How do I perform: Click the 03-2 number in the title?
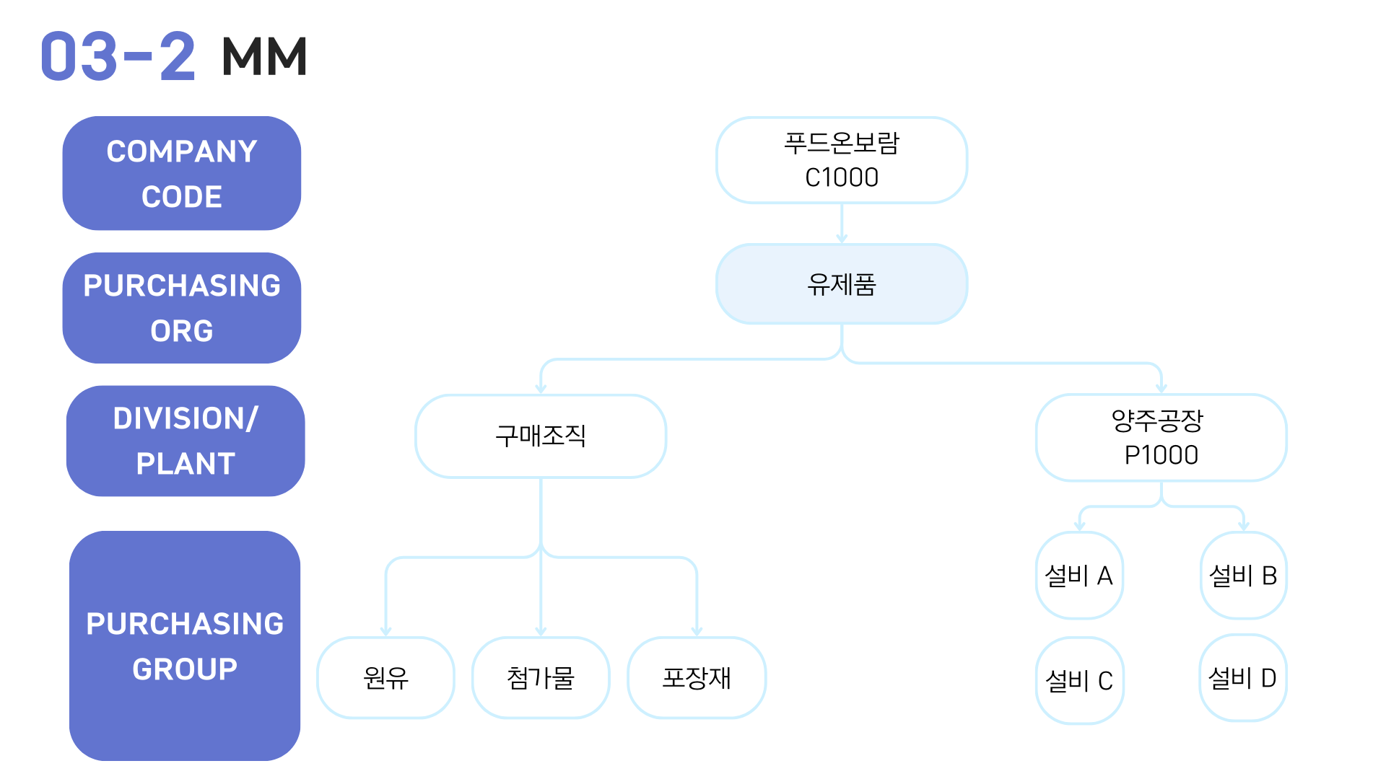(118, 56)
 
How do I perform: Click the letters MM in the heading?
(265, 56)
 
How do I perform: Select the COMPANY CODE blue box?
(182, 173)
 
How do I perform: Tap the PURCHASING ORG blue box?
(182, 308)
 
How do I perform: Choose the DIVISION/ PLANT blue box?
(186, 441)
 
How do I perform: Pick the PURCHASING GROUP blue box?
(185, 646)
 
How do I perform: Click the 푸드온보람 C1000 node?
(842, 160)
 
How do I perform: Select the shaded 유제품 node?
(842, 284)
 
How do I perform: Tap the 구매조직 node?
(541, 436)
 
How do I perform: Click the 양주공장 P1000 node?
(1161, 437)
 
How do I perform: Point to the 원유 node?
(386, 677)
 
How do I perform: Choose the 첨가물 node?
(541, 677)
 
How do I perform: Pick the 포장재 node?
(697, 677)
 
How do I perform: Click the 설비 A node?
(1079, 576)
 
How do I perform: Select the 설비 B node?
(1244, 576)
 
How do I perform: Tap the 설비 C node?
(1079, 680)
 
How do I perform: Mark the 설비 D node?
(1243, 678)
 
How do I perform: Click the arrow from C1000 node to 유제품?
(842, 224)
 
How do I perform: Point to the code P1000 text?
(1161, 455)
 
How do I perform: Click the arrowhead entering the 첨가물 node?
(541, 632)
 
